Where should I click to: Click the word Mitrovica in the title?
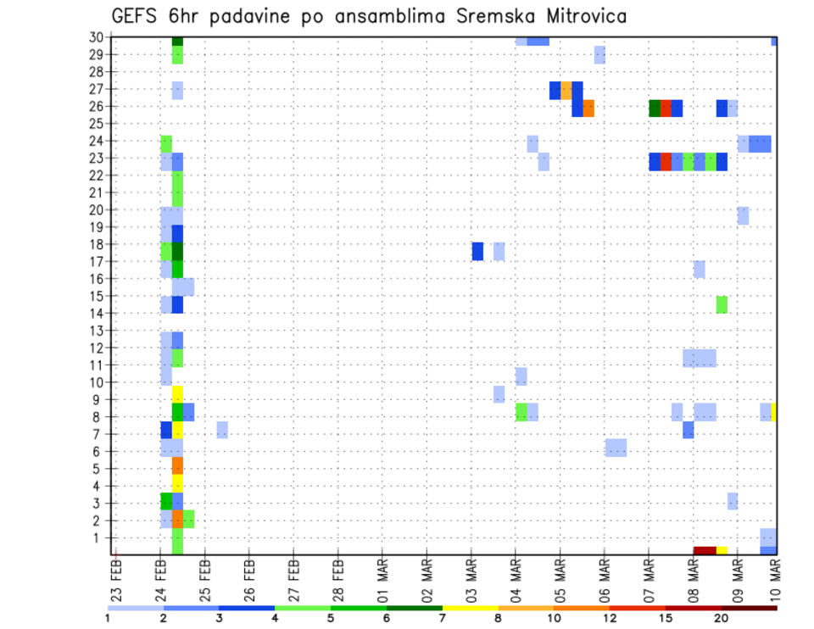580,15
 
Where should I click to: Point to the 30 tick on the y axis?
98,37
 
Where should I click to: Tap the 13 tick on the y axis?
98,331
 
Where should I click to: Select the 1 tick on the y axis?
102,537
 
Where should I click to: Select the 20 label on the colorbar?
721,618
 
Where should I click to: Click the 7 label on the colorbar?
442,618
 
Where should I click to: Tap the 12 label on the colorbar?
610,618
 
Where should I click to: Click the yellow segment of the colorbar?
470,607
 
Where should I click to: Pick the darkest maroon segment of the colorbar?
749,607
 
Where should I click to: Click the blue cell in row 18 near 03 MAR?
477,252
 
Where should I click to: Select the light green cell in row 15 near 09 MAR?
722,304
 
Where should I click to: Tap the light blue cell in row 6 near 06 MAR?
616,447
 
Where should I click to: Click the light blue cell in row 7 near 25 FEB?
222,430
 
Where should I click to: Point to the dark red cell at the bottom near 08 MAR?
705,550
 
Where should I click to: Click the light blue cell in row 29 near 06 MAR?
599,55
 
